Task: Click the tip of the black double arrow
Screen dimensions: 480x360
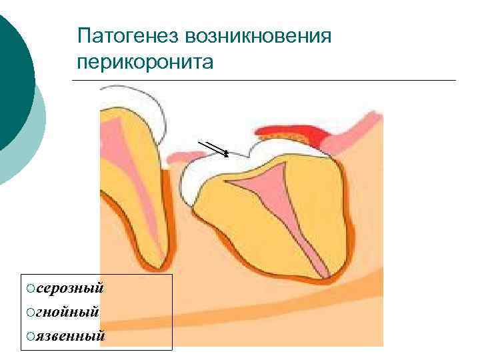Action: coord(228,155)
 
